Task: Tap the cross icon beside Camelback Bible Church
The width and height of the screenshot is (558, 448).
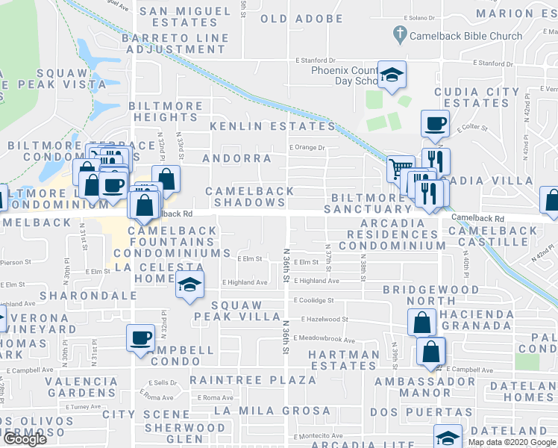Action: click(x=400, y=34)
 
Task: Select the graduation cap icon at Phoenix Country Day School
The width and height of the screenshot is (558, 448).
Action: click(x=391, y=74)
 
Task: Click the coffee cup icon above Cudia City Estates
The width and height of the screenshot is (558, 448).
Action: click(x=434, y=123)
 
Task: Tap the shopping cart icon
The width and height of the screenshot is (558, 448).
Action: click(x=401, y=169)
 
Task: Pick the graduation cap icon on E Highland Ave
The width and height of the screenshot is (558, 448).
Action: click(x=189, y=285)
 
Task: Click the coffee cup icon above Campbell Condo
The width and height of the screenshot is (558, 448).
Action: click(x=140, y=337)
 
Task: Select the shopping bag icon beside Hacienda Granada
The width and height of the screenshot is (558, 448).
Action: click(x=421, y=323)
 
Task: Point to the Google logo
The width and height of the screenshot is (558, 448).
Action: click(x=24, y=438)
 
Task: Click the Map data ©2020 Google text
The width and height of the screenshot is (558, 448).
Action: click(x=512, y=442)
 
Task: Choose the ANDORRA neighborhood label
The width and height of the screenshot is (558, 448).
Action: click(x=236, y=158)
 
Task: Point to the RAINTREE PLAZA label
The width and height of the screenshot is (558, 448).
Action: click(x=252, y=380)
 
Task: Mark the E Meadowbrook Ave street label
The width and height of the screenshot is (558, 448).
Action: click(x=325, y=338)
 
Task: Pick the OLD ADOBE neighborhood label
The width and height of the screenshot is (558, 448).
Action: click(x=302, y=19)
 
